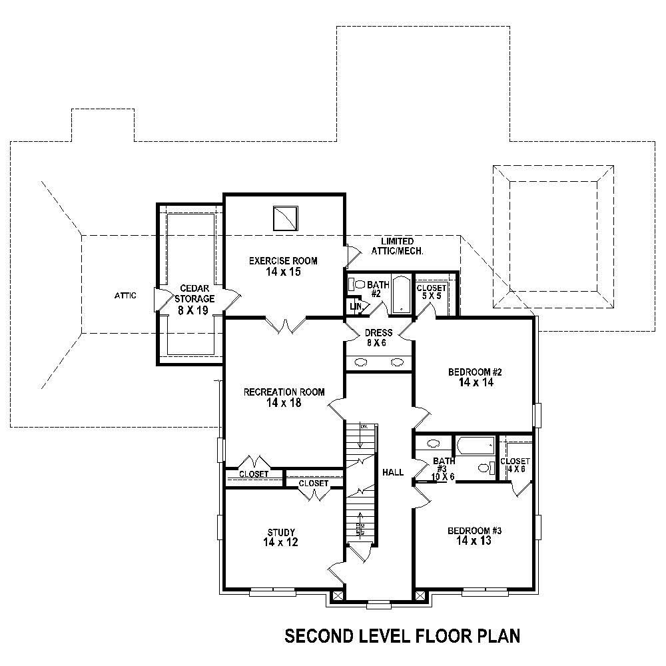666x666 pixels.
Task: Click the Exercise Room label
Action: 283,266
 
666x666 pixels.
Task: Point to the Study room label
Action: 280,537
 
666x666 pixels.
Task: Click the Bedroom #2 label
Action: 474,377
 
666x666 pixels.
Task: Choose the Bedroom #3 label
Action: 474,536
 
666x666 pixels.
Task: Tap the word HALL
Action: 393,472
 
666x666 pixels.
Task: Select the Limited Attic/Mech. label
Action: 398,246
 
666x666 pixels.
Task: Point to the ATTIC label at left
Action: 125,295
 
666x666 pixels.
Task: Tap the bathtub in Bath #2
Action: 401,294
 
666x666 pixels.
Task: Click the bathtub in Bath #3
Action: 474,445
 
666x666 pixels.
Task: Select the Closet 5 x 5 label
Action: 431,292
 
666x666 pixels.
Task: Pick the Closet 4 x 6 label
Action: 514,465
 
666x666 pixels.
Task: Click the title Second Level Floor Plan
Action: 402,635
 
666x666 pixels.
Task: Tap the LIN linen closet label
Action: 356,306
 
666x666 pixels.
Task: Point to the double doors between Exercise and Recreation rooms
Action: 286,325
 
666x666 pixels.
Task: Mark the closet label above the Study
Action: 313,483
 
